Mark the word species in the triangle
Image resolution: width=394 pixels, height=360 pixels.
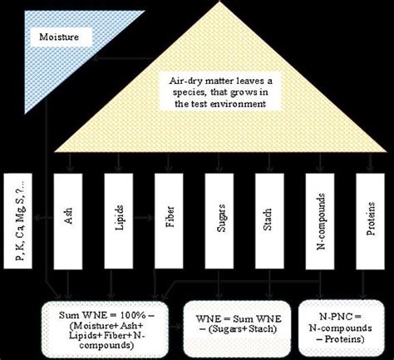(x=174, y=94)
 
